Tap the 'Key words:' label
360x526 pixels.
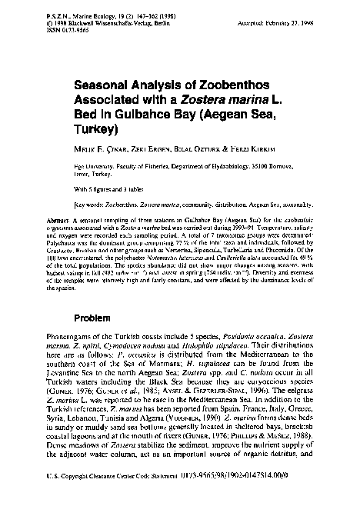point(92,206)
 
